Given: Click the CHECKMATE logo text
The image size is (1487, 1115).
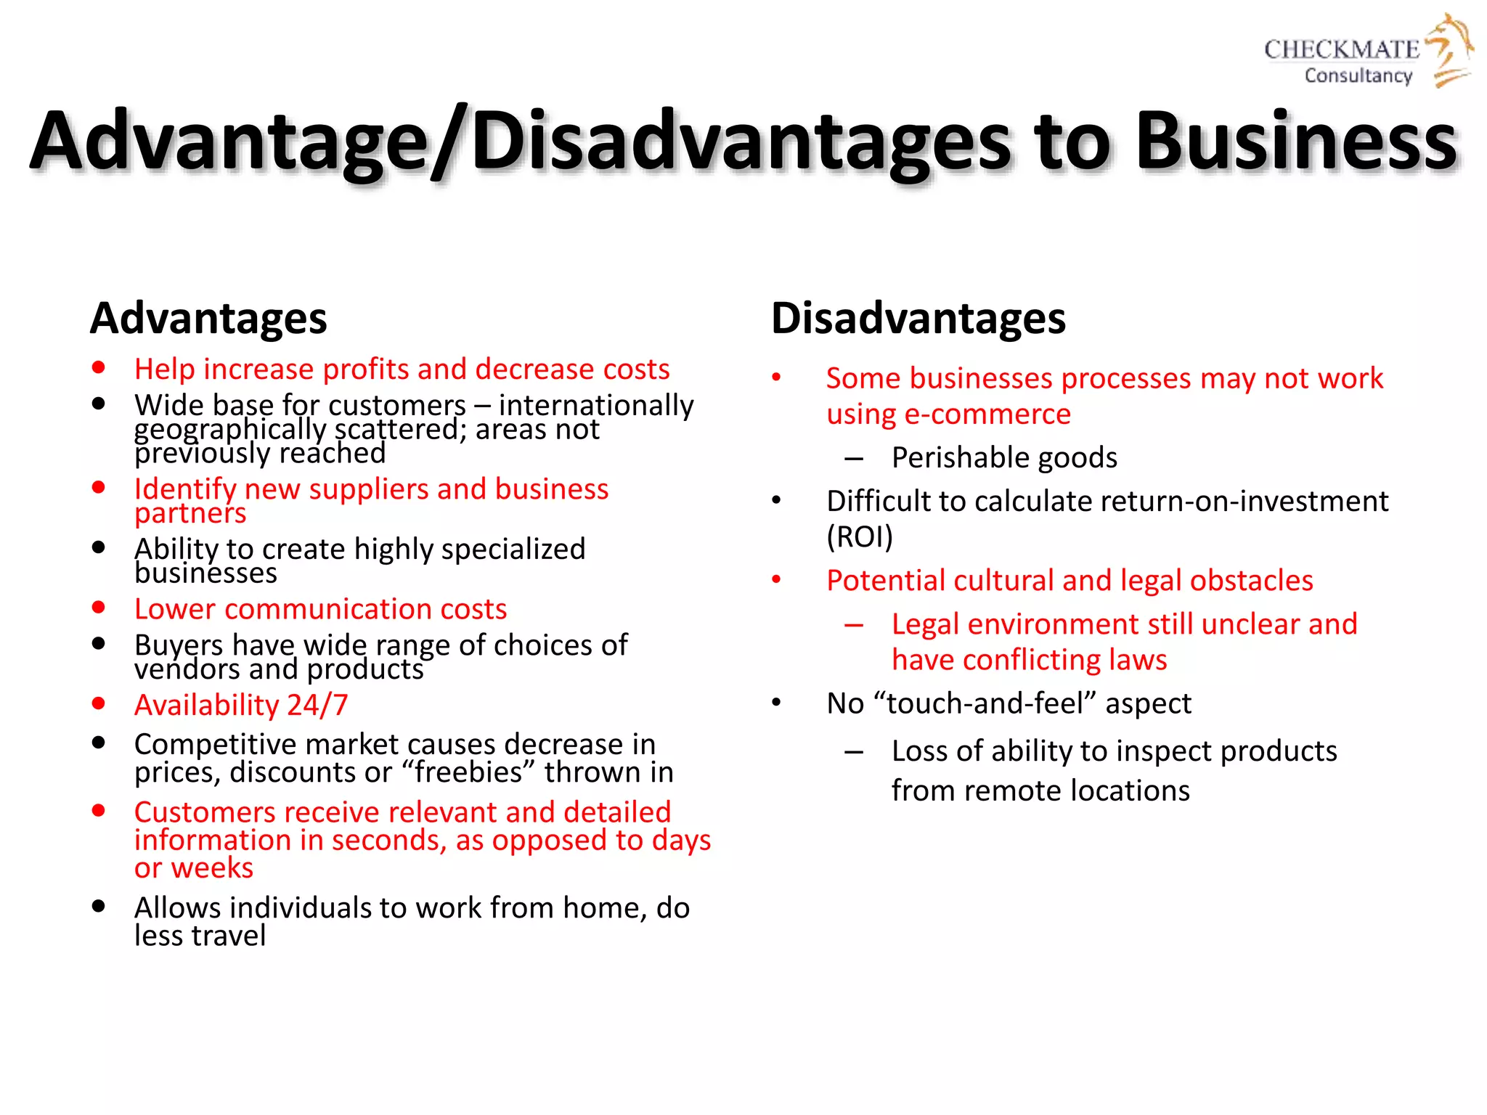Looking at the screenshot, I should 1341,49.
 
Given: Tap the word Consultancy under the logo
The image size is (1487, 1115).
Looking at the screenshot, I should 1358,75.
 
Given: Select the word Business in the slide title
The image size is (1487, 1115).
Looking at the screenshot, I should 1296,142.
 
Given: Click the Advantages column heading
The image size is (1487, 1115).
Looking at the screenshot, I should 208,318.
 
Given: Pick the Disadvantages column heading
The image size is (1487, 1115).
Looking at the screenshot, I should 918,318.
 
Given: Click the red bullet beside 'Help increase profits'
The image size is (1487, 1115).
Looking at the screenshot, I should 99,367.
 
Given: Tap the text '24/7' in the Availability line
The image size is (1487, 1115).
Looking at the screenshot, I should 317,705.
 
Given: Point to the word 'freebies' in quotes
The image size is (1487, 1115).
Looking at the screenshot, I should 468,772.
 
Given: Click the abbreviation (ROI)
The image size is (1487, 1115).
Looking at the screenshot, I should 860,536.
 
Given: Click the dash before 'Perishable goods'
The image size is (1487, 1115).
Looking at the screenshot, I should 854,459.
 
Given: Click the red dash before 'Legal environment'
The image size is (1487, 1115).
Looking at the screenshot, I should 854,625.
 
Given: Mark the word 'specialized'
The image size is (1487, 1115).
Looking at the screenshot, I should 513,549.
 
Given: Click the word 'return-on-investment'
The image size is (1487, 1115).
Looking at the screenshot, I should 1192,501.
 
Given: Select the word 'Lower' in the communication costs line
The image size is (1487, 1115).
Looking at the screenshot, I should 174,609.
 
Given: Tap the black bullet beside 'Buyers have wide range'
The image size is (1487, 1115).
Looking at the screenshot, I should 99,643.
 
